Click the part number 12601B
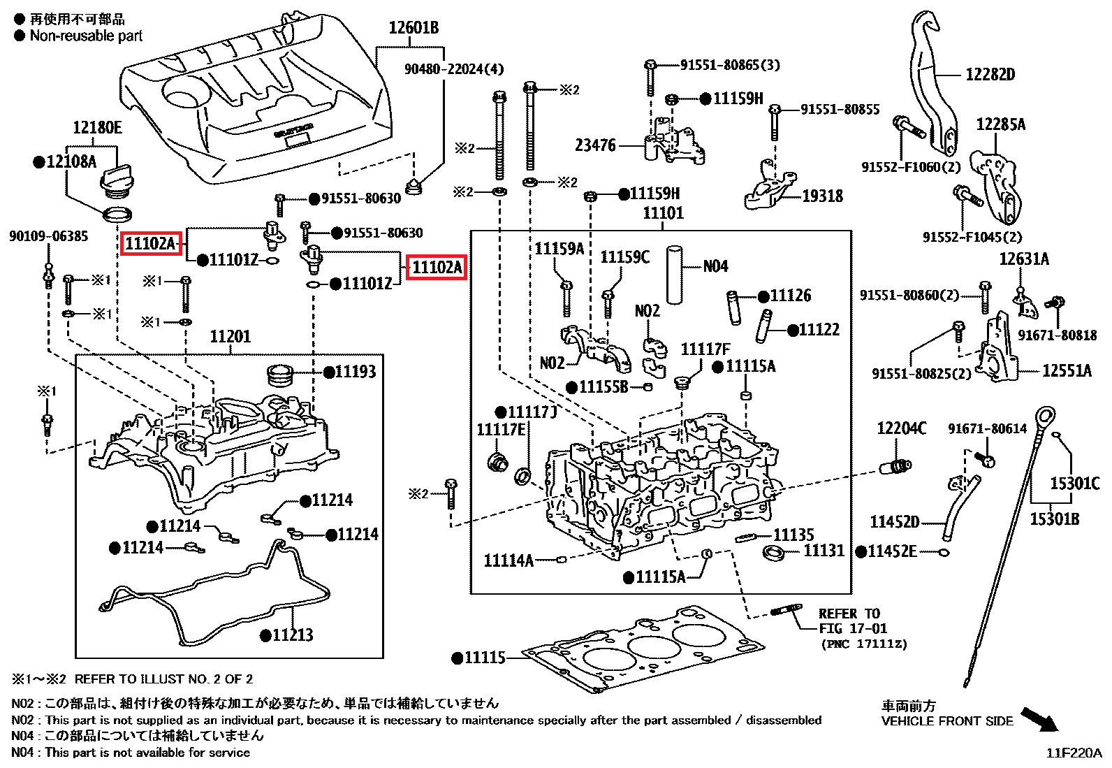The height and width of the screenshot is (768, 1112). pyautogui.click(x=414, y=28)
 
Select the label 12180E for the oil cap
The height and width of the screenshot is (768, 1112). pyautogui.click(x=97, y=127)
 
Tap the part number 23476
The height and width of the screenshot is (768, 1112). pyautogui.click(x=595, y=145)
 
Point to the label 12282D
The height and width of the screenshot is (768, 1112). pyautogui.click(x=990, y=75)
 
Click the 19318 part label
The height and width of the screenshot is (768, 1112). pyautogui.click(x=822, y=196)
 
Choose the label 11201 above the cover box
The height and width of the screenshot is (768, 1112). pyautogui.click(x=230, y=337)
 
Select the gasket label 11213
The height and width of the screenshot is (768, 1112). pyautogui.click(x=292, y=635)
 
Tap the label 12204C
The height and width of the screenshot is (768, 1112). pyautogui.click(x=901, y=428)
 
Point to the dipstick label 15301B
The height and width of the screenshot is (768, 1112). pyautogui.click(x=1054, y=519)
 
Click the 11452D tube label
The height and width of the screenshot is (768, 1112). pyautogui.click(x=894, y=522)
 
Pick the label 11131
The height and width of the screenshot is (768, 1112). pyautogui.click(x=824, y=551)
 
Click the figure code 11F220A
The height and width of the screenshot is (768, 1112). pyautogui.click(x=1074, y=753)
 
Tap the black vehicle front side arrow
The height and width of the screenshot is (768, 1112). pyautogui.click(x=1039, y=718)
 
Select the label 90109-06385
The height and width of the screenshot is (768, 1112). pyautogui.click(x=48, y=236)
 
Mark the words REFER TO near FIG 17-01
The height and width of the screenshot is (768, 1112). pyautogui.click(x=849, y=614)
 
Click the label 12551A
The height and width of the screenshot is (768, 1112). pyautogui.click(x=1066, y=371)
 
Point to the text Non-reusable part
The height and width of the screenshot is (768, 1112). pyautogui.click(x=86, y=36)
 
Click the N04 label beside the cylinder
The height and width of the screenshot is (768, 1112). pyautogui.click(x=715, y=266)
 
